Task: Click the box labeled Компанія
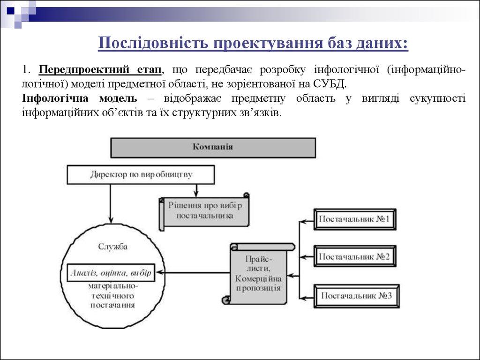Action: [x=213, y=147]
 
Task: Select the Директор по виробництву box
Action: [x=141, y=175]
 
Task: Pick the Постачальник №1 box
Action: [x=354, y=219]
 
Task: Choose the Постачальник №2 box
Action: [x=354, y=257]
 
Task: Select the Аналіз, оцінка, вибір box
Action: [x=111, y=272]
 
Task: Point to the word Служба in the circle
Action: [x=112, y=247]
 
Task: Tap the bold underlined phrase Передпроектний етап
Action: [x=101, y=70]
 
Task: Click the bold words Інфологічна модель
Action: [x=79, y=98]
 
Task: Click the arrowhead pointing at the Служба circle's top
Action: [x=111, y=219]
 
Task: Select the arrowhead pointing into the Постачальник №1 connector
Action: [x=304, y=220]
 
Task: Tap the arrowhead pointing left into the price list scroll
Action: [x=289, y=276]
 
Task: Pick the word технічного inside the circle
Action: [x=112, y=296]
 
